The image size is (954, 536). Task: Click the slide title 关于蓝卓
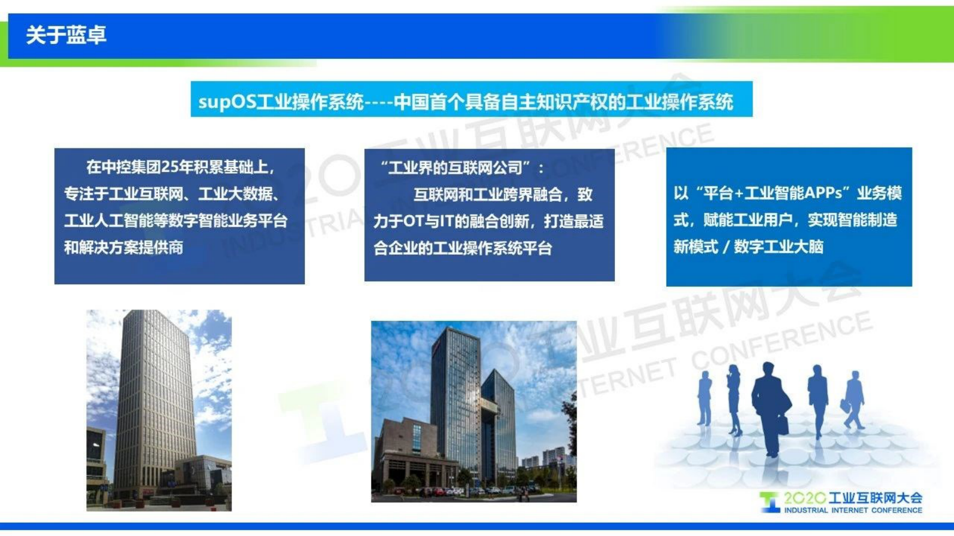66,35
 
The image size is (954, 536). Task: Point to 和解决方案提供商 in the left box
124,248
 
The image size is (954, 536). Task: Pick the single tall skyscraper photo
159,410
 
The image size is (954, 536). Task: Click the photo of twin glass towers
474,411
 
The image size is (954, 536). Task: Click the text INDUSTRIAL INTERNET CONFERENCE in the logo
852,510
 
